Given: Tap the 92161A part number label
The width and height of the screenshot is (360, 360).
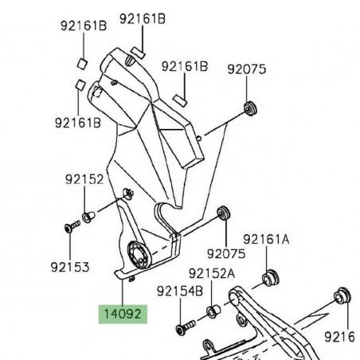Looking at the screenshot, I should coord(265,239).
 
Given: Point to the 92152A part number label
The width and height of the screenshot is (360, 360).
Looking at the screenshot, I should coord(212,273).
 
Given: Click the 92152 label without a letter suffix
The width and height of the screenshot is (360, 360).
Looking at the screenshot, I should coord(84,180).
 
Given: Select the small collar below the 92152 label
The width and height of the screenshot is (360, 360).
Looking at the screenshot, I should coord(88,216).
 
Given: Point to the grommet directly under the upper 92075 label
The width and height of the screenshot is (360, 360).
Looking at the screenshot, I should coord(253,108).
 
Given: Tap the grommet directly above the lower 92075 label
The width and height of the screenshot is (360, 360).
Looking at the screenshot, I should coord(224,213).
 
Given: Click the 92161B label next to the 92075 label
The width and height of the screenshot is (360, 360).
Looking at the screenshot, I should coord(183,67).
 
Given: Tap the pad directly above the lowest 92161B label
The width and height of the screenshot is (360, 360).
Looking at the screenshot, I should coord(80,84).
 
